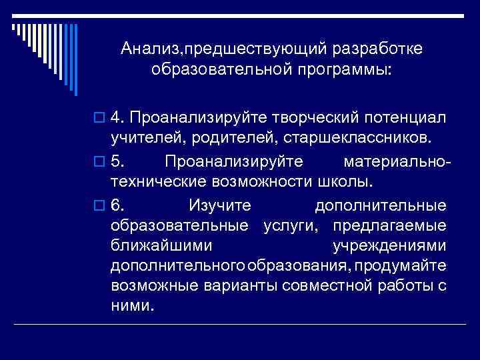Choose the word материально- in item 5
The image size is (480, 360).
click(397, 162)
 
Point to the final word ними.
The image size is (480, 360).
click(132, 307)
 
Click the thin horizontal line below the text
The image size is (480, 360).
click(240, 323)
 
